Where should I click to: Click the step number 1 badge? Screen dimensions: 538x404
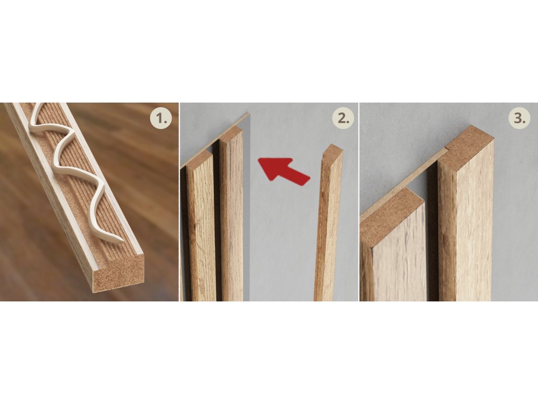161,118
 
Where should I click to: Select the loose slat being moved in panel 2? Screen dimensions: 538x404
328,223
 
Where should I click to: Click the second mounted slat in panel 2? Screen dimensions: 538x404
231,216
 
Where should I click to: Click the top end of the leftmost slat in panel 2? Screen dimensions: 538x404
200,159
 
